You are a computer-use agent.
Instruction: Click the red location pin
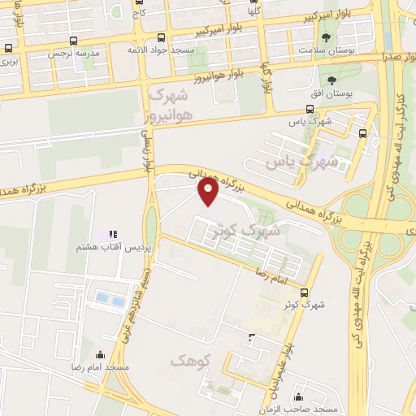coord(209,192)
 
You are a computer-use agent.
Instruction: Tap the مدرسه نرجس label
coord(76,54)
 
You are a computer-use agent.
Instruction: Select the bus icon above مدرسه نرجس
coord(75,40)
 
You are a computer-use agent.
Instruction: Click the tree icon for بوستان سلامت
coord(327,37)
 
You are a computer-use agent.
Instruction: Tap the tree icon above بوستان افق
coord(331,80)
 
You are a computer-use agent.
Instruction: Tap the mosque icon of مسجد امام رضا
coord(100,354)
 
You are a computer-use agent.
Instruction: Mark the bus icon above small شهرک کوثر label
coord(304,292)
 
